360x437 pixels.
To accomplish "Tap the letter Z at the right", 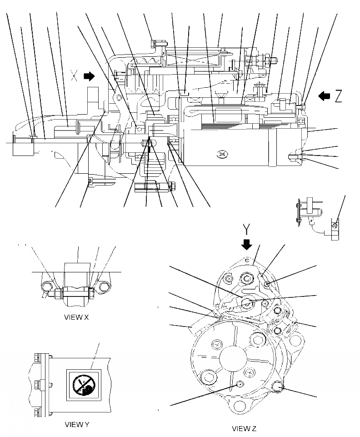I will [338, 96].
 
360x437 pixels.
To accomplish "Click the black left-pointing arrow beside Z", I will [324, 96].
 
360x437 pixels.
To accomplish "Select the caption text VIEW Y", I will [76, 424].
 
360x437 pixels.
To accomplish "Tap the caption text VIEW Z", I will [245, 428].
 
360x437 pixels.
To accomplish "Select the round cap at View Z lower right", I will [277, 387].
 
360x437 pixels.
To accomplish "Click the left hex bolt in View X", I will [45, 286].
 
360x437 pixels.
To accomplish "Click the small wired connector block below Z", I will [334, 226].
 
